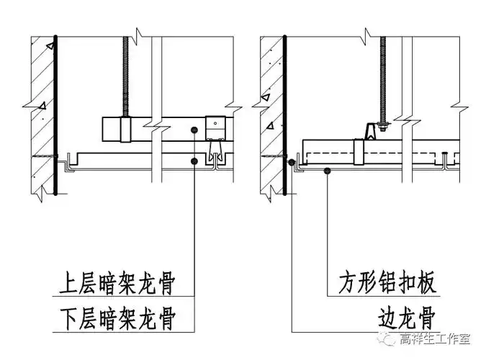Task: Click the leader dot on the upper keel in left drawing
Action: pos(195,130)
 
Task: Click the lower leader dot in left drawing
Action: pos(195,161)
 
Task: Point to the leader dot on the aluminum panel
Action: pos(328,171)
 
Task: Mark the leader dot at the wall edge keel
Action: pos(291,163)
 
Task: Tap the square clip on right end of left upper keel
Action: pos(215,127)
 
